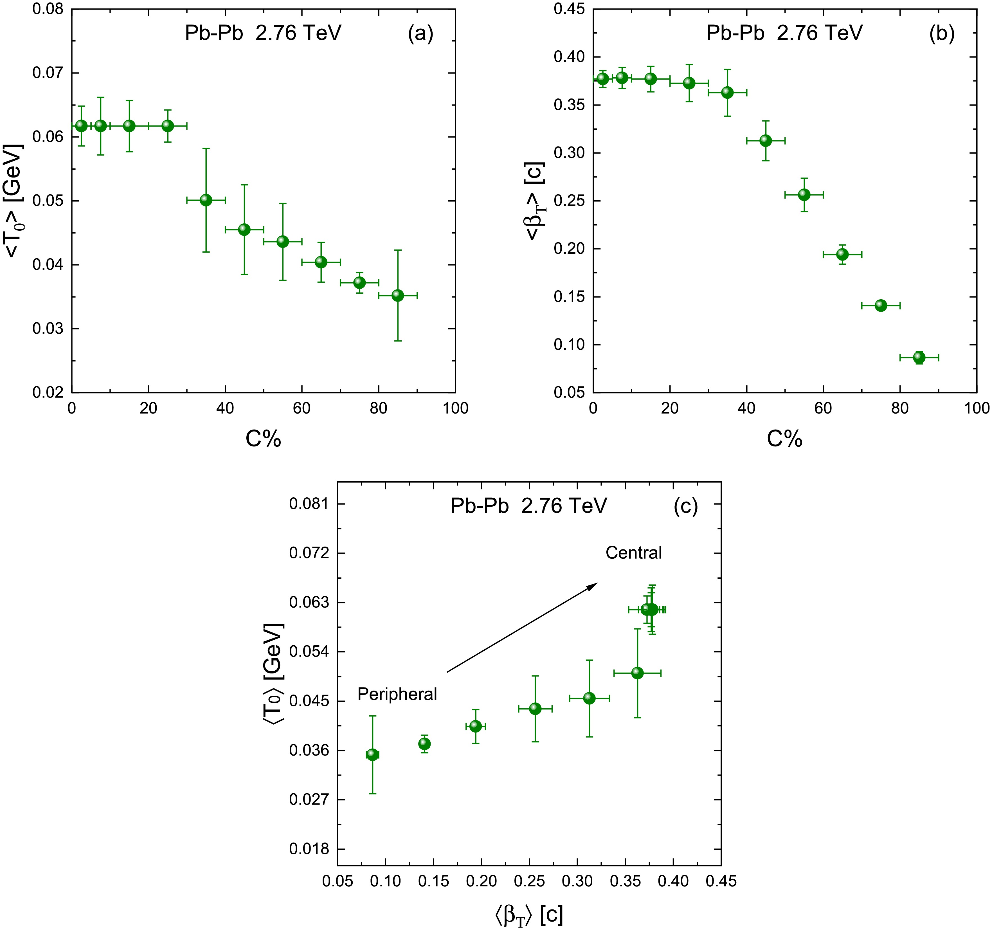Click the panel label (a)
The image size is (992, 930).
[x=420, y=33]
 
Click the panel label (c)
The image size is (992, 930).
[x=686, y=506]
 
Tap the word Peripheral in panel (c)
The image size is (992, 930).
[x=397, y=694]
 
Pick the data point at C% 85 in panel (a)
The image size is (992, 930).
[x=398, y=296]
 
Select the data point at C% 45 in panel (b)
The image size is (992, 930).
[x=766, y=141]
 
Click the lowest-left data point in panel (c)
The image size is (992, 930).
[x=372, y=755]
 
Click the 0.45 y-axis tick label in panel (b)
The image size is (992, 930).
[x=569, y=10]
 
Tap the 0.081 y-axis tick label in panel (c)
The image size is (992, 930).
[x=309, y=504]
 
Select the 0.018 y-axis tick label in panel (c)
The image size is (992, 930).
[x=309, y=849]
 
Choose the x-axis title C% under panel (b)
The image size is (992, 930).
[x=784, y=439]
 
